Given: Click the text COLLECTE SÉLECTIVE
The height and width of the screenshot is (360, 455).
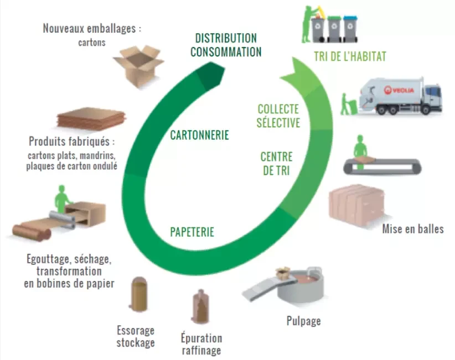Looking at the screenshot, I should point(278,116).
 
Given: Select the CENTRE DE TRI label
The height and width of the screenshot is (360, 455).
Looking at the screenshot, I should point(276,164).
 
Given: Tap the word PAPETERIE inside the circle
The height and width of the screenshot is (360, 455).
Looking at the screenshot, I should point(192,232).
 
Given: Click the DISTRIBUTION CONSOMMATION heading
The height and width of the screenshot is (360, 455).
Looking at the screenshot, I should point(226,45).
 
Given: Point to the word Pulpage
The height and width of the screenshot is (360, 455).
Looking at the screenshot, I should point(303,320).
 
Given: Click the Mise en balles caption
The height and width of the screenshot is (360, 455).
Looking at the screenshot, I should point(412,228).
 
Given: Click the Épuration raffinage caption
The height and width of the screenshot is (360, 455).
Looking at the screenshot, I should point(201,343).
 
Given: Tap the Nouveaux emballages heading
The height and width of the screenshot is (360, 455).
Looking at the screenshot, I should point(92,29).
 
